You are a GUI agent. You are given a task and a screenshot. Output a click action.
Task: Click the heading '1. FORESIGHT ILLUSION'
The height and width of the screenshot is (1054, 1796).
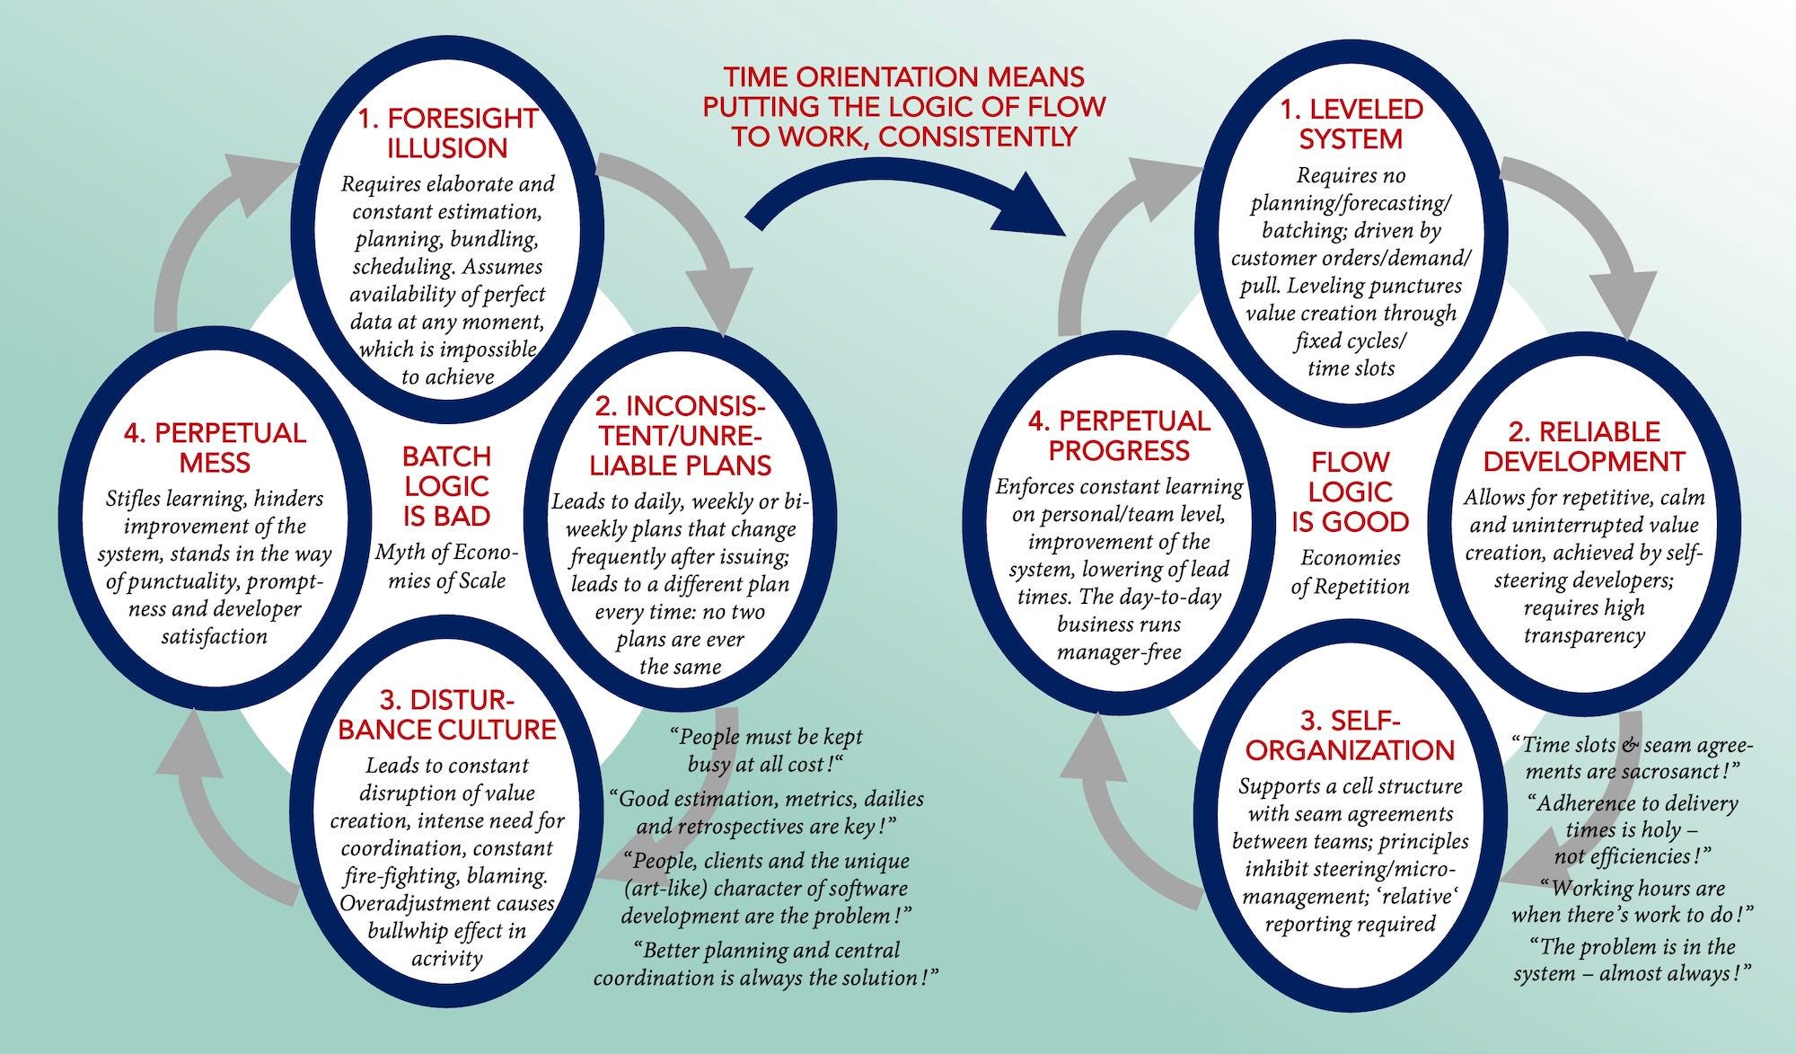click(447, 133)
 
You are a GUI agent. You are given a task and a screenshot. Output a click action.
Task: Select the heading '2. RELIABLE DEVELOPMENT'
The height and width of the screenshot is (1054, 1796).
click(1584, 447)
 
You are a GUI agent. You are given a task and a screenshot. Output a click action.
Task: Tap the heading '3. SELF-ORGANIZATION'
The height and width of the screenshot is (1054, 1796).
click(1350, 735)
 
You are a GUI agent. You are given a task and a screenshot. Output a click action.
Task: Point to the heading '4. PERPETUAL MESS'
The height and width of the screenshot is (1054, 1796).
click(215, 447)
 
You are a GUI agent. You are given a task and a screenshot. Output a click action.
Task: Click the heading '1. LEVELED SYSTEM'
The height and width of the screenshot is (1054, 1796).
click(1351, 124)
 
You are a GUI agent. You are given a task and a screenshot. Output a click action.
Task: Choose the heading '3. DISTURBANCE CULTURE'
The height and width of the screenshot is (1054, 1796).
click(447, 714)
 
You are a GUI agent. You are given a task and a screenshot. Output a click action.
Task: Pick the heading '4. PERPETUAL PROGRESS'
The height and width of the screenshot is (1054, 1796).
click(1119, 436)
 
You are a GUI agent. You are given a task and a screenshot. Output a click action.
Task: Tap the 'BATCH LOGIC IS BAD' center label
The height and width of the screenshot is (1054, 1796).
click(445, 486)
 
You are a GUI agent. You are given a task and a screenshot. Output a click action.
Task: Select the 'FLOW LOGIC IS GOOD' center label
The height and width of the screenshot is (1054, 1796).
click(1350, 492)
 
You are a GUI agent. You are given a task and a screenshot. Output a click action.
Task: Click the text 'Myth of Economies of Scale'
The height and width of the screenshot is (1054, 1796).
click(446, 566)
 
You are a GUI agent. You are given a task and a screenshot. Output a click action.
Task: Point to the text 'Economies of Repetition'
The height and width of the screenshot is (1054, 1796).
click(1350, 572)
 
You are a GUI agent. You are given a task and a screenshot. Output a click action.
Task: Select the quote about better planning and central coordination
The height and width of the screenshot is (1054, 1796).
click(766, 963)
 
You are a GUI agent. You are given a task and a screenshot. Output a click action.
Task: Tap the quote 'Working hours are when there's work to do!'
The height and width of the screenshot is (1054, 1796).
click(1633, 901)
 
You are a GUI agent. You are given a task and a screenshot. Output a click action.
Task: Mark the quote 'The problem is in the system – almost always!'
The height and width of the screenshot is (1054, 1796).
click(1633, 960)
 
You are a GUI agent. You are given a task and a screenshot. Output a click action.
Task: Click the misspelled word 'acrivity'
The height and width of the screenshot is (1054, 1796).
click(446, 958)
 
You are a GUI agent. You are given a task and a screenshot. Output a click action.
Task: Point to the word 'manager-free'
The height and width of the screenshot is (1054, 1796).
click(1119, 652)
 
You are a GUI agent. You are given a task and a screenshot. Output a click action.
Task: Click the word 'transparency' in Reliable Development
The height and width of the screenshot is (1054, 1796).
click(1584, 636)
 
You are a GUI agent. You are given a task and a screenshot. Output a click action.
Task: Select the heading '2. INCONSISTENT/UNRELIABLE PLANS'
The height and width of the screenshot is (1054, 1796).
click(680, 435)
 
